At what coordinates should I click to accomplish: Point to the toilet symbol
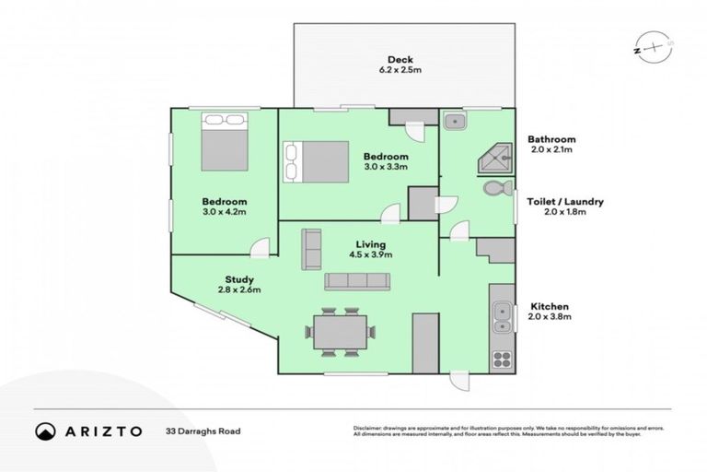[498, 188]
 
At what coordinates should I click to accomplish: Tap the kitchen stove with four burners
[502, 357]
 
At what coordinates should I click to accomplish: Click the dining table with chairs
[342, 333]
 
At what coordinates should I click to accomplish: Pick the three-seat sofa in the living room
[357, 281]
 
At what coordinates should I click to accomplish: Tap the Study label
[239, 279]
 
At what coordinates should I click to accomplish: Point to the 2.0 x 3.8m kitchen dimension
[550, 316]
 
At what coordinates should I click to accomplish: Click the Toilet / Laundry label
[564, 200]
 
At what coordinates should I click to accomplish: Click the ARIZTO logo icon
[44, 431]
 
